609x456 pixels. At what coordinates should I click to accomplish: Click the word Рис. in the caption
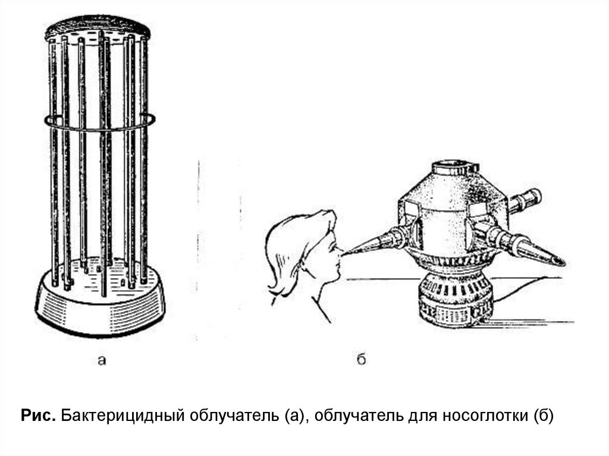coord(38,416)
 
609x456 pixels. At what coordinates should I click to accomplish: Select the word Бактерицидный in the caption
coord(122,416)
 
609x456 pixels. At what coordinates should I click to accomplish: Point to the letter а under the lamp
coord(102,361)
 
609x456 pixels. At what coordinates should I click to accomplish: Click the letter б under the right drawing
coord(361,359)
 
